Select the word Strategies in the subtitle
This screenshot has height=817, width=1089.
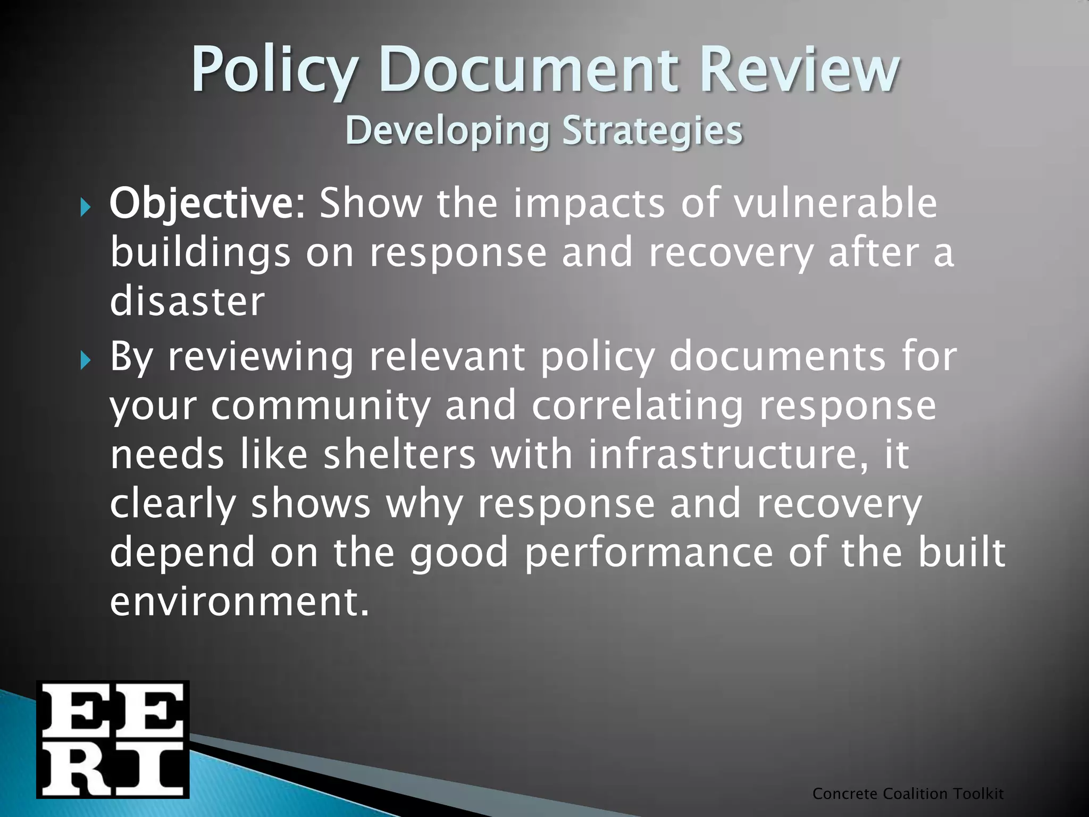coord(652,130)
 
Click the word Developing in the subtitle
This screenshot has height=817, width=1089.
coord(447,131)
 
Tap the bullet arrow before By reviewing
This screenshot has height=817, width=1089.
coord(86,361)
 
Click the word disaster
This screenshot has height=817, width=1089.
coord(187,301)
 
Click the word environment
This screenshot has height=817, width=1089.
coord(239,601)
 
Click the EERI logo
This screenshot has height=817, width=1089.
coord(113,739)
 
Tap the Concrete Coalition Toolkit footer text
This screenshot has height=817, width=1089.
coord(908,794)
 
